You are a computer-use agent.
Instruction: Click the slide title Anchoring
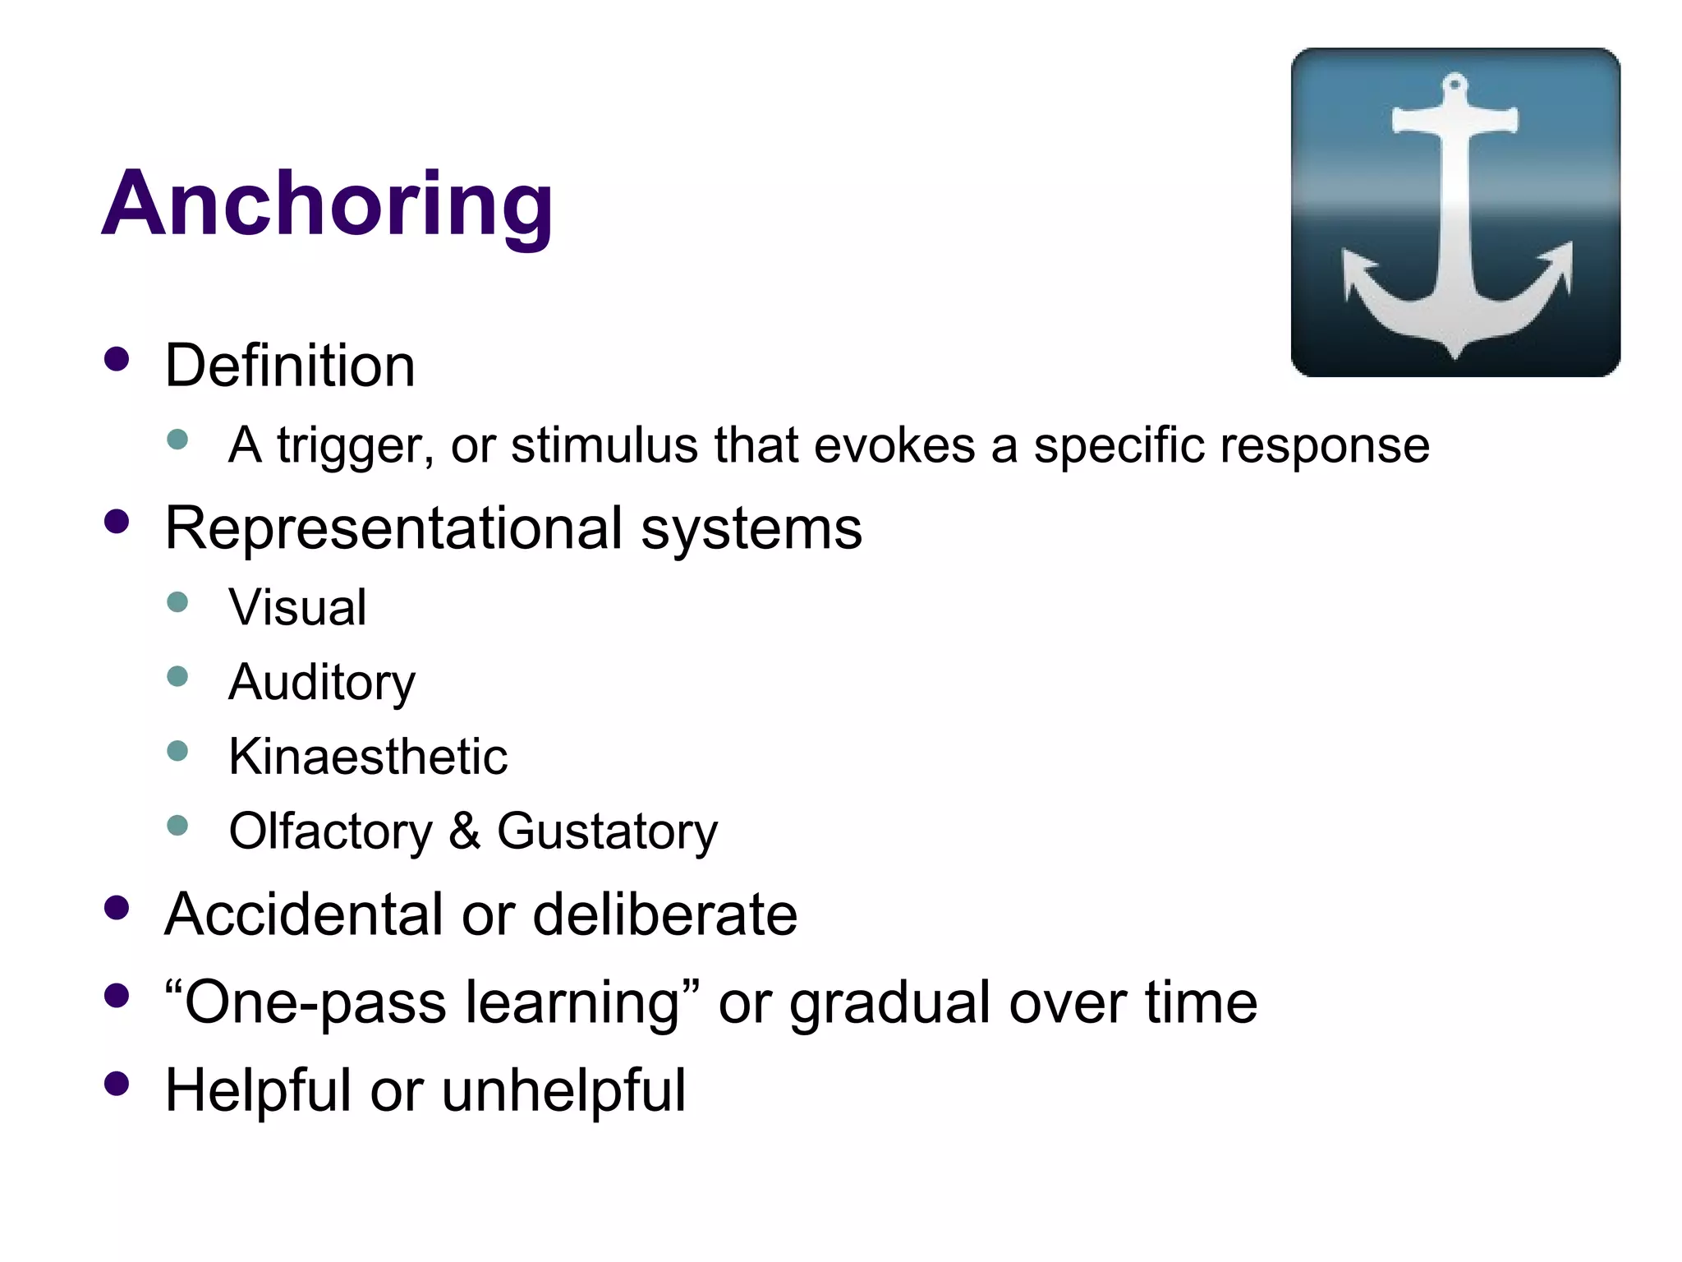[x=327, y=203]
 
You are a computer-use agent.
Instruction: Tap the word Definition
[x=290, y=365]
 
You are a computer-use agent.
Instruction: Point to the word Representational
[x=393, y=527]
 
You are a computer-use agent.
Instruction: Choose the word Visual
[x=297, y=607]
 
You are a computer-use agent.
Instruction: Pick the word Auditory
[x=322, y=683]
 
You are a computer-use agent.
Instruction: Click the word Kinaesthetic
[x=368, y=756]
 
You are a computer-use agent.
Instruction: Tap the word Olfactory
[x=330, y=831]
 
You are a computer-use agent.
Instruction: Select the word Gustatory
[x=607, y=831]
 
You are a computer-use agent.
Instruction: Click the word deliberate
[x=664, y=914]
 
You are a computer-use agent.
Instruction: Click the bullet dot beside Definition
[x=117, y=359]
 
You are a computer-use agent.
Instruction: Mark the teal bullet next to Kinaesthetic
[x=177, y=750]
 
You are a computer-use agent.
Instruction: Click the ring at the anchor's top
[x=1455, y=85]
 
